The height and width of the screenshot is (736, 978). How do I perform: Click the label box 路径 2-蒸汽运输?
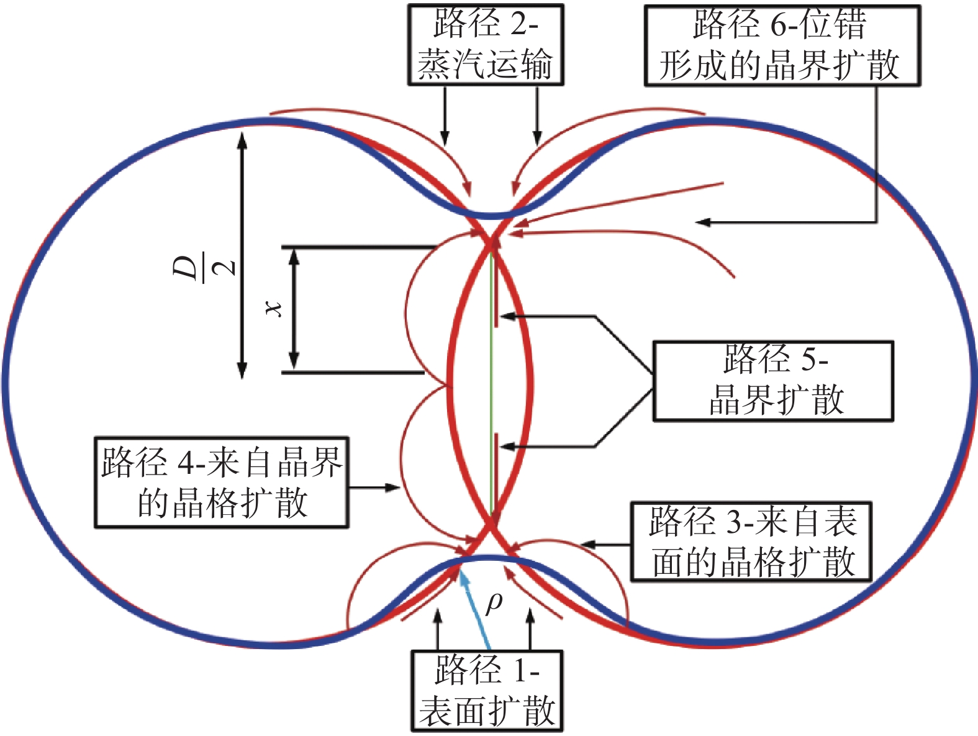(485, 45)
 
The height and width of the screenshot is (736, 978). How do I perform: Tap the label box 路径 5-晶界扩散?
(773, 381)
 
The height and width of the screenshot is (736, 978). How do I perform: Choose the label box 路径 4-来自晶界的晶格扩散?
(221, 483)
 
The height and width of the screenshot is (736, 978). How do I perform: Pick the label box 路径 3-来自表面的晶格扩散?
(751, 542)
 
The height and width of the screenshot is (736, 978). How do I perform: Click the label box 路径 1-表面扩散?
(487, 691)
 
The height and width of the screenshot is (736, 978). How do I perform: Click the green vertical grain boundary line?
(491, 385)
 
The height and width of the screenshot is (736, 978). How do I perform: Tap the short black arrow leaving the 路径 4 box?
(374, 488)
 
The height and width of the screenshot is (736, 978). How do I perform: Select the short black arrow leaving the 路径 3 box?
(605, 545)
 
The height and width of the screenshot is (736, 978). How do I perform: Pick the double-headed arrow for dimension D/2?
(242, 255)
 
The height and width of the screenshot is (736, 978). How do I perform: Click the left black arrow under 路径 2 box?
(445, 116)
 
